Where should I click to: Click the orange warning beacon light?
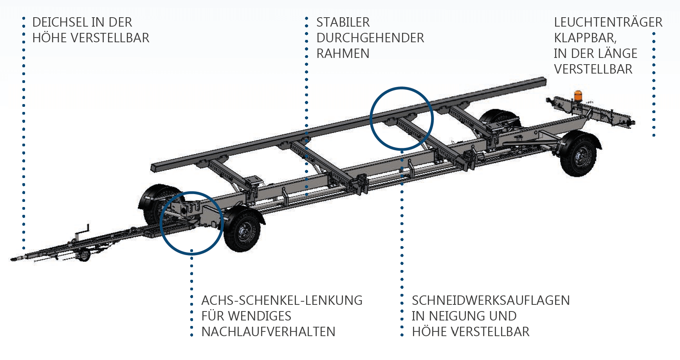[x=578, y=95]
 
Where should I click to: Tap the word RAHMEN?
[x=343, y=54]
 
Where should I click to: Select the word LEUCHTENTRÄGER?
[x=608, y=22]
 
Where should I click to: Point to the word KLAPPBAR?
[x=585, y=38]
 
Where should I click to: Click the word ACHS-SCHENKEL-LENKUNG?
[x=281, y=301]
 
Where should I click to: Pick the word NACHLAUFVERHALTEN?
[x=268, y=332]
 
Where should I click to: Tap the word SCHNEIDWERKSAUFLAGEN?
[x=491, y=301]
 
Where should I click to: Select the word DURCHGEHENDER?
[x=370, y=38]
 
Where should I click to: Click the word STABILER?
[x=343, y=22]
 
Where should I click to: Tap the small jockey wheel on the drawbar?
[x=84, y=255]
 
